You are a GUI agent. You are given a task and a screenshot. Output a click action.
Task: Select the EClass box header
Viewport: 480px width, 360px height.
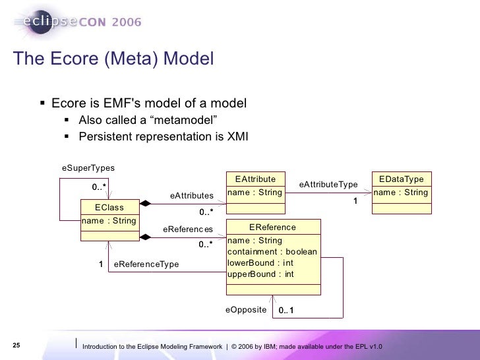[x=109, y=208]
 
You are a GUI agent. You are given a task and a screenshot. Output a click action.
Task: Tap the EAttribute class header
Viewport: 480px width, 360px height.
[x=255, y=179]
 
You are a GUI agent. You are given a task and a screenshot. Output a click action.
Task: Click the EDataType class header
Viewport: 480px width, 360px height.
[x=402, y=179]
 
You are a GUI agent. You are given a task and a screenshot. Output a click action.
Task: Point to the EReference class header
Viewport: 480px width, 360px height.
[x=272, y=227]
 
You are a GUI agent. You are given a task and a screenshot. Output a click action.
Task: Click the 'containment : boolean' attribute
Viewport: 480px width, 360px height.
[x=272, y=252]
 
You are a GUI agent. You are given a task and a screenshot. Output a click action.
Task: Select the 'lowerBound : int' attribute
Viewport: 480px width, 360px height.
[x=260, y=263]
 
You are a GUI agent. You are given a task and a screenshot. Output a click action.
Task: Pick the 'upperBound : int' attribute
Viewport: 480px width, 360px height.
[x=260, y=274]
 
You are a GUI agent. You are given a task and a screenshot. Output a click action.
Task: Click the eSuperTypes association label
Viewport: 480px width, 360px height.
[x=88, y=168]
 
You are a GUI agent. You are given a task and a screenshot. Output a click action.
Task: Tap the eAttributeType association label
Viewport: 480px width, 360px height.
[x=328, y=185]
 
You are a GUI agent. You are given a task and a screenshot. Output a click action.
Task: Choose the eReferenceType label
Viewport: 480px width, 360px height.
[x=146, y=264]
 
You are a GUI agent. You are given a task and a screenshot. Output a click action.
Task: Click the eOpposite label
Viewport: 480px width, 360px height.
[x=245, y=309]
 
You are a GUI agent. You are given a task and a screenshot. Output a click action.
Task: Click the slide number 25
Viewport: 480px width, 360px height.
[x=16, y=346]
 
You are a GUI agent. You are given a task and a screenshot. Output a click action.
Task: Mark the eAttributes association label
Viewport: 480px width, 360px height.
[x=191, y=196]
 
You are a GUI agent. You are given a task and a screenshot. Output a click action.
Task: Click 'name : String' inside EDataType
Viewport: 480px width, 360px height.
[x=401, y=193]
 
